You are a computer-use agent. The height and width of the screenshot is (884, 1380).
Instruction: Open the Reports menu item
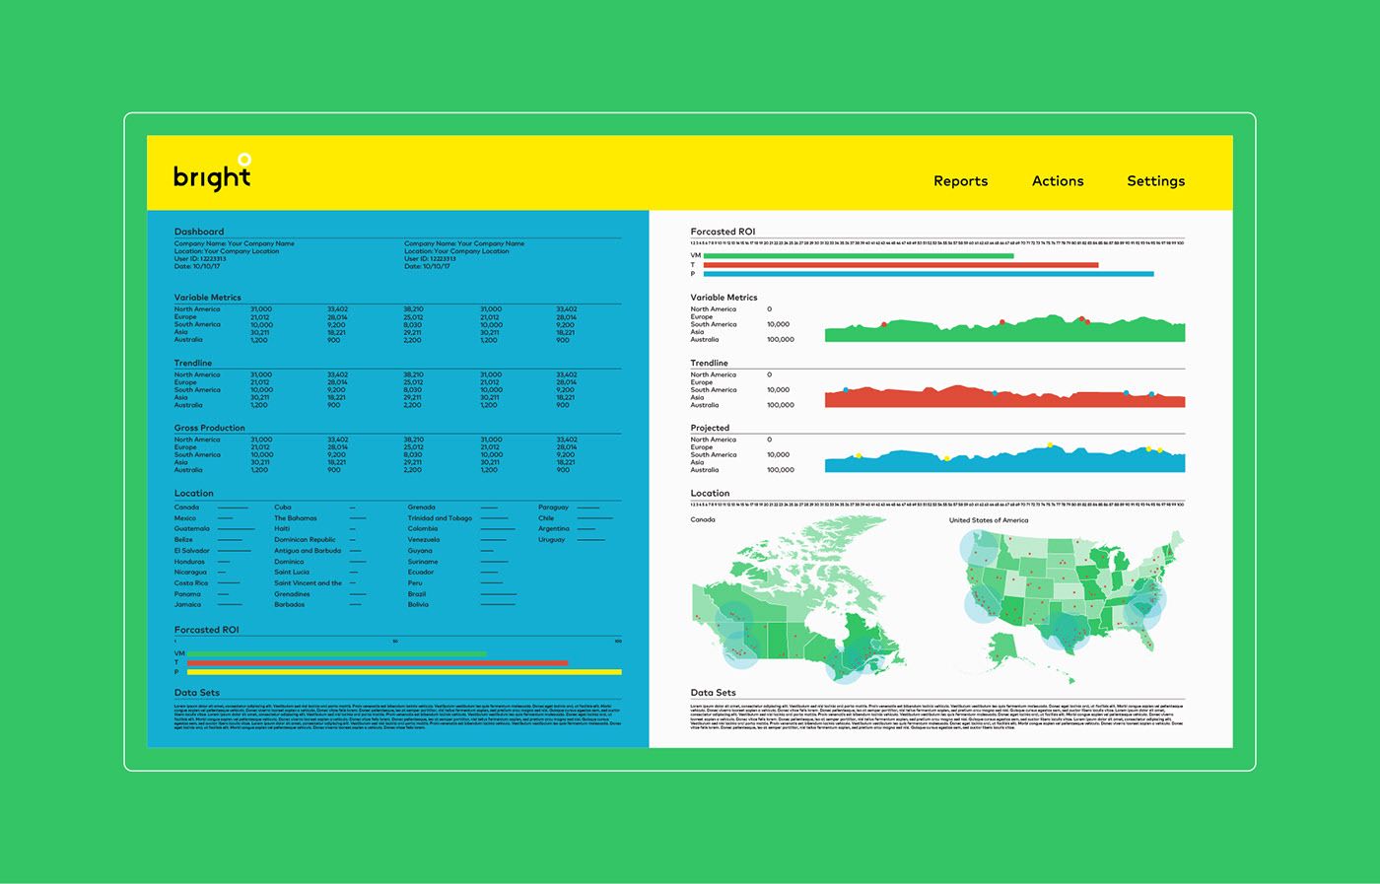pos(960,181)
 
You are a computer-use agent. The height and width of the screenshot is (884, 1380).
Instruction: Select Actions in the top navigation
pos(1058,181)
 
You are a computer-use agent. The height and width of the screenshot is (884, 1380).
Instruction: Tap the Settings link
pos(1155,181)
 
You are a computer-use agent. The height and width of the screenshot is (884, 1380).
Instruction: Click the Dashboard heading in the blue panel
pos(199,232)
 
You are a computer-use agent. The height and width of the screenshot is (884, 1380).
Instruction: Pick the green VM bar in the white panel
pos(858,256)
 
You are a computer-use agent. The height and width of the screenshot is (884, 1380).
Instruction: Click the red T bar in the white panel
pos(900,265)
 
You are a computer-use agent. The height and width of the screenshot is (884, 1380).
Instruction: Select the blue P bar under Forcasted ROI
pos(928,274)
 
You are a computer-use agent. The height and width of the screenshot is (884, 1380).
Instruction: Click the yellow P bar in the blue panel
pos(404,672)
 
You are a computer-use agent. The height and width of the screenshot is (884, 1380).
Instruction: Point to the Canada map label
pos(703,519)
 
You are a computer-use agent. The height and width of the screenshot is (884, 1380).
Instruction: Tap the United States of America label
pos(988,520)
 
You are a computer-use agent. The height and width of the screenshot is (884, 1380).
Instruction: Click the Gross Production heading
pos(210,428)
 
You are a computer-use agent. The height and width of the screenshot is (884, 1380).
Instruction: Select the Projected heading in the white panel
pos(710,428)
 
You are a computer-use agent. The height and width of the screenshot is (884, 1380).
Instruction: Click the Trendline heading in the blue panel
pos(193,363)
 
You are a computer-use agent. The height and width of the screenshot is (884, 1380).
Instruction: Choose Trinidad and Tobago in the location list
pos(440,518)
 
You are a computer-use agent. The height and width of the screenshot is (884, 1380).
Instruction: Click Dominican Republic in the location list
pos(305,540)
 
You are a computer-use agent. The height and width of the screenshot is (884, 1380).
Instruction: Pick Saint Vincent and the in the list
pos(308,583)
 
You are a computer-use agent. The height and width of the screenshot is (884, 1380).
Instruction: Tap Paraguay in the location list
pos(553,508)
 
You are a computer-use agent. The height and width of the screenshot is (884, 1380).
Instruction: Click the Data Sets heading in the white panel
pos(713,693)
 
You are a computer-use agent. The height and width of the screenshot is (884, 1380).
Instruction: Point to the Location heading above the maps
pos(710,493)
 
